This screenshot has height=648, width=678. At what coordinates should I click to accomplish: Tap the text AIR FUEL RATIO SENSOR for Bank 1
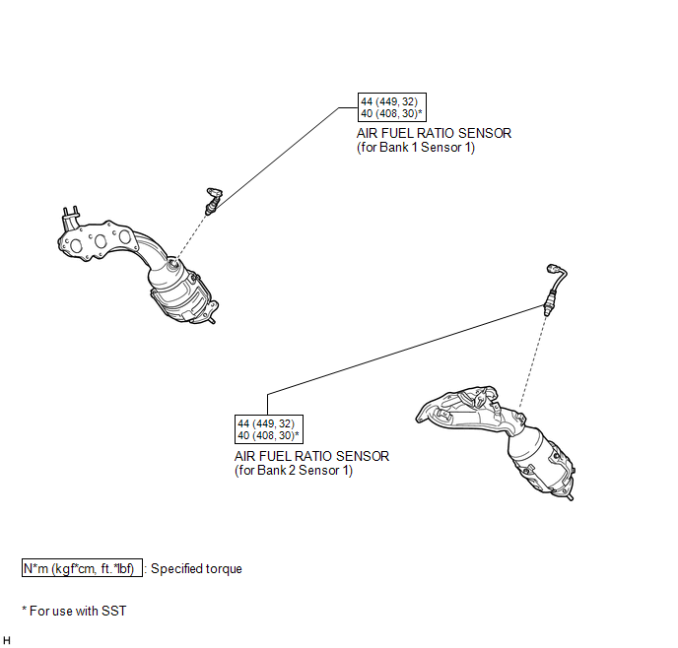(x=434, y=133)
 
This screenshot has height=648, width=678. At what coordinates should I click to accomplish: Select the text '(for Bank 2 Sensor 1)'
(x=294, y=470)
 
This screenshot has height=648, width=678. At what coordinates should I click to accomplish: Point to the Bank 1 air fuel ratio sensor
(x=213, y=201)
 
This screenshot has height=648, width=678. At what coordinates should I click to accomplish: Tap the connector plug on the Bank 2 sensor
(x=553, y=269)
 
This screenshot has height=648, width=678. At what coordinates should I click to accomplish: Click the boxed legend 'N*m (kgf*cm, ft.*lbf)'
(x=82, y=568)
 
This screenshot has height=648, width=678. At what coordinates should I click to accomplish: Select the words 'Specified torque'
(x=196, y=568)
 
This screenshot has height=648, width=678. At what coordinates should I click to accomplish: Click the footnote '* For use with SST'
(x=74, y=611)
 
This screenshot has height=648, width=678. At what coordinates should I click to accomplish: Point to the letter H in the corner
(x=7, y=640)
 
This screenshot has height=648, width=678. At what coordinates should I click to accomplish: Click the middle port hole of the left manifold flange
(x=101, y=241)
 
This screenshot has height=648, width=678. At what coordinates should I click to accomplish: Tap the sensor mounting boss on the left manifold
(x=173, y=263)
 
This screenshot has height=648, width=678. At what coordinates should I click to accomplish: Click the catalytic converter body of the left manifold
(x=181, y=292)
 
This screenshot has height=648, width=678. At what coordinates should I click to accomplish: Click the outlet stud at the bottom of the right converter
(x=570, y=496)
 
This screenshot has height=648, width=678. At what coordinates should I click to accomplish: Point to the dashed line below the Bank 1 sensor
(x=191, y=236)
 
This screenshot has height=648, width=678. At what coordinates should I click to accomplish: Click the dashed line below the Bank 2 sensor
(x=532, y=361)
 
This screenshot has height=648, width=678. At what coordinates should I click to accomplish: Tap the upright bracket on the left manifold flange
(x=70, y=219)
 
